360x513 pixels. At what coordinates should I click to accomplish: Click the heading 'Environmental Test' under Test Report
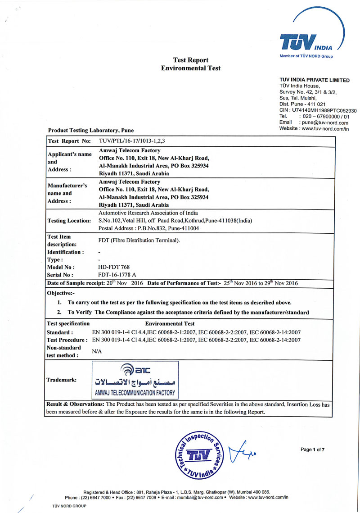coord(191,68)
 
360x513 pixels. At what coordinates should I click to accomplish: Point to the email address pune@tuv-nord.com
coord(325,123)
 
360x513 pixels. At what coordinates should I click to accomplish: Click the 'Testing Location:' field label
coord(69,221)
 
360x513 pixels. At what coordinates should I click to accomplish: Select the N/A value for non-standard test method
coord(97,352)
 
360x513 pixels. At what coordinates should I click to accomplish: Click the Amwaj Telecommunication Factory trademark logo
coord(135,380)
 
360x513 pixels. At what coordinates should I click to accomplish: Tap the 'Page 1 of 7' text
coord(312,450)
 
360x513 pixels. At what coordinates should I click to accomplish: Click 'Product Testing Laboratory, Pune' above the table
coord(90,131)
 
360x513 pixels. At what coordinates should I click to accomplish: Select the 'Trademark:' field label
coord(61,380)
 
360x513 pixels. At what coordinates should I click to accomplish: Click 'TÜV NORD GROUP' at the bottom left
coord(69,506)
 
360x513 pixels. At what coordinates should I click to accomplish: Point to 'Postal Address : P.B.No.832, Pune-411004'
coord(148,228)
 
